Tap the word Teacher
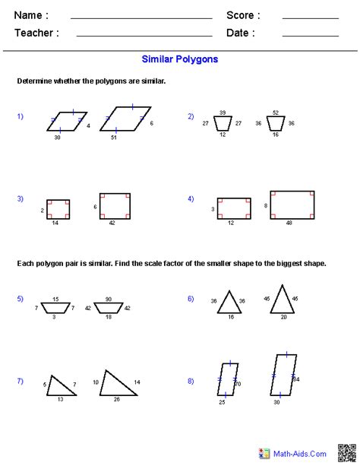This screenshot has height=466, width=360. click(x=36, y=33)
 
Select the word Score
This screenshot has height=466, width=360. click(x=243, y=15)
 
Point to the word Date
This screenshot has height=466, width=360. click(x=240, y=33)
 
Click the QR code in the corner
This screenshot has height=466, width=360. click(x=346, y=452)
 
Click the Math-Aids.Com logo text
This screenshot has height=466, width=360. click(x=303, y=453)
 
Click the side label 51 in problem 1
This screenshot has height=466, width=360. click(x=114, y=138)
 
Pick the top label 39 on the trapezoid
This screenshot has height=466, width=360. click(x=222, y=113)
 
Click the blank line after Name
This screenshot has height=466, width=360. click(x=141, y=16)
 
